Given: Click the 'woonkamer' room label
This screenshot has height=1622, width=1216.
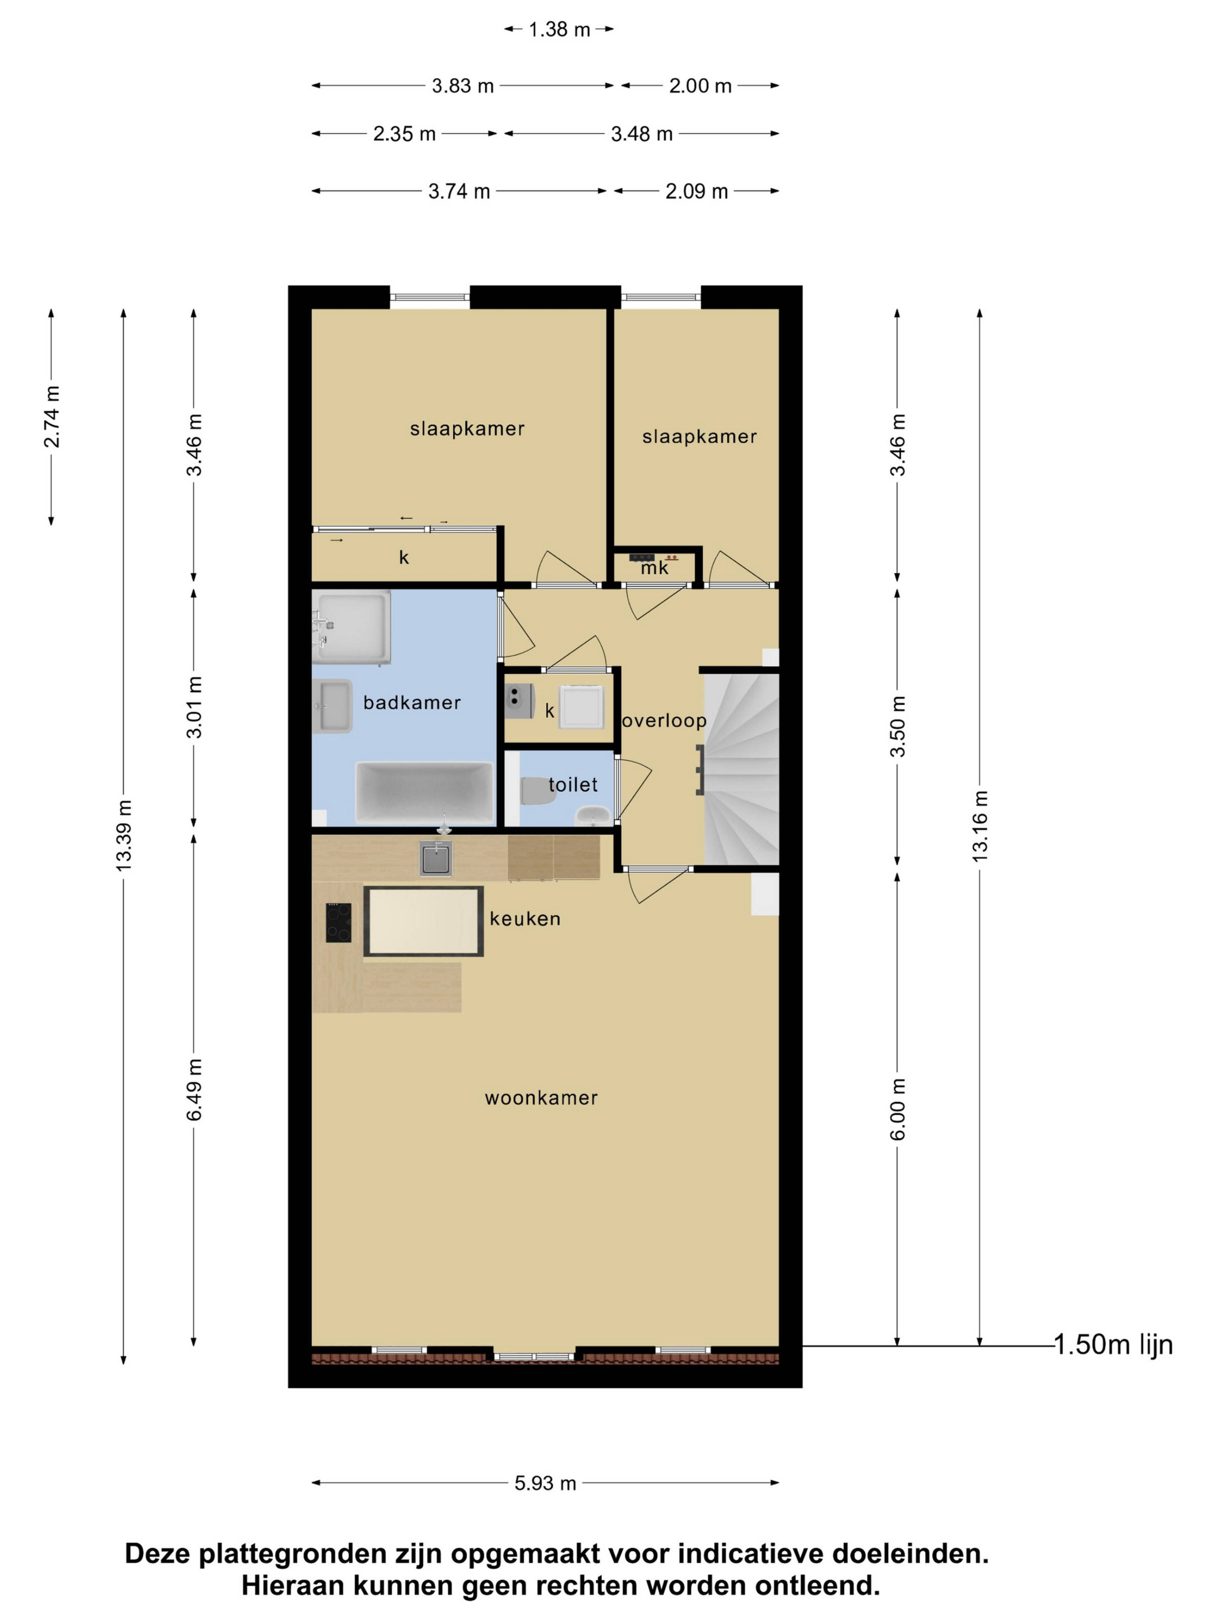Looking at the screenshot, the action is pos(541,1098).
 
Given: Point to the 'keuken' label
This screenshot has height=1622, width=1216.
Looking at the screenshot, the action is pos(525,919).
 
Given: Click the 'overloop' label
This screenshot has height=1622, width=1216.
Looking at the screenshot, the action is pos(664,721).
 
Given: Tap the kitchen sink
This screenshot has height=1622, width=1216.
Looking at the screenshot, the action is pos(435,858).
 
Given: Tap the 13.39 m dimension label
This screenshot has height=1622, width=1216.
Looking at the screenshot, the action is pos(124,835).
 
